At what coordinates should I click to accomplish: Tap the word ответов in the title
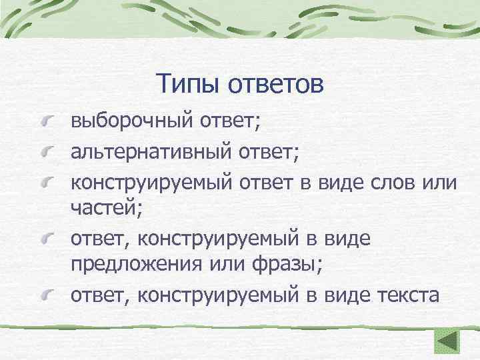click(x=276, y=85)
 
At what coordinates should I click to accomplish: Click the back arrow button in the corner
click(x=447, y=341)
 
